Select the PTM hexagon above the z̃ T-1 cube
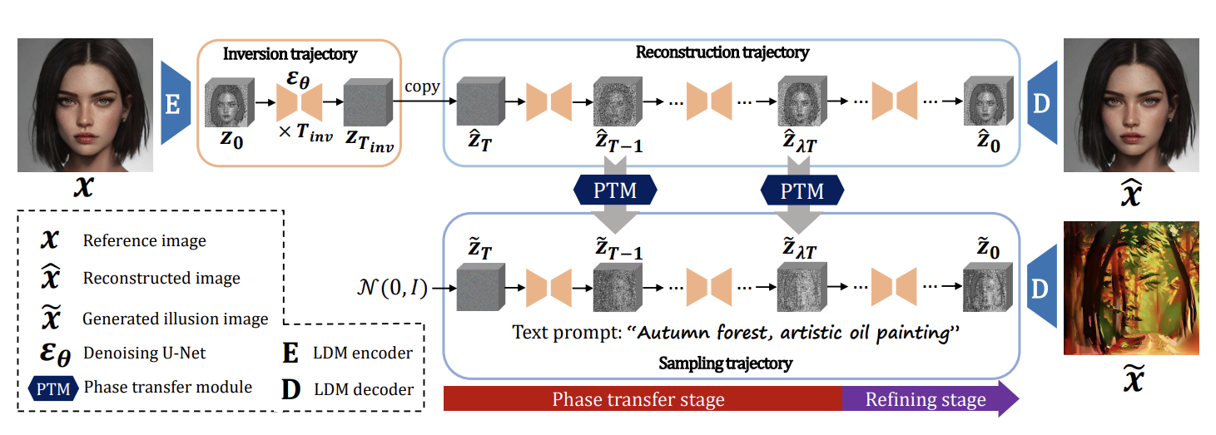617,191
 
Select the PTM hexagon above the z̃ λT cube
802,191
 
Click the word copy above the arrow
423,87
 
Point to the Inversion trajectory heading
290,55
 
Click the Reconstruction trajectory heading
722,52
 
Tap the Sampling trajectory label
725,363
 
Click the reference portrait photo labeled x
87,104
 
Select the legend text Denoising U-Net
144,353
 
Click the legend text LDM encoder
363,353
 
